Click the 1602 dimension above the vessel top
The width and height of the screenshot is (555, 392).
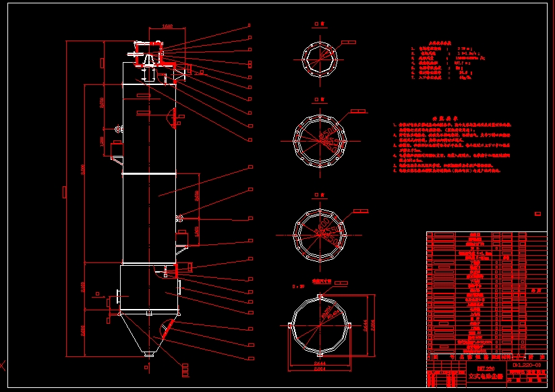pos(168,27)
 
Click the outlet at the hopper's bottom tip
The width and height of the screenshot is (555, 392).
pos(149,354)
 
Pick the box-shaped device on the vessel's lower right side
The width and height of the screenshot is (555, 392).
pos(181,237)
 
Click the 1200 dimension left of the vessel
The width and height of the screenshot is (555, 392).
pos(103,142)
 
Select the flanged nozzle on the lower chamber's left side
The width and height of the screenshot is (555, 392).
pos(118,297)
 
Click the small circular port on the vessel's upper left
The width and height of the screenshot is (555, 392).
pos(119,128)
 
